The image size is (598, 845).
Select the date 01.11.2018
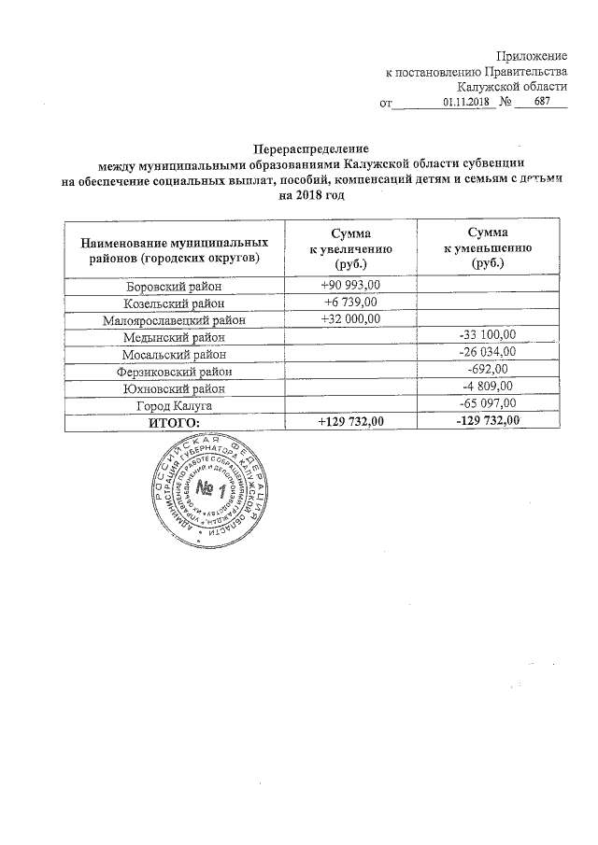[465, 103]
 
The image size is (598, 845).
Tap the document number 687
[543, 103]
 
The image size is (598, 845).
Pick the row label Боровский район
[173, 287]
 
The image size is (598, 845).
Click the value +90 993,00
[350, 286]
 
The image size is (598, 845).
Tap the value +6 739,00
[350, 303]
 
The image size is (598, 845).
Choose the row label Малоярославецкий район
[173, 320]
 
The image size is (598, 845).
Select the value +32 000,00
[350, 319]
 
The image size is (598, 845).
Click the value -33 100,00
[488, 336]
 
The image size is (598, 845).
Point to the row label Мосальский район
[173, 354]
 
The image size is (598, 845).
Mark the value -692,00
[488, 370]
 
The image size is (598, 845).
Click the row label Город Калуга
[173, 404]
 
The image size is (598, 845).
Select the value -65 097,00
[488, 403]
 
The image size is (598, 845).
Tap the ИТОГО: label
[174, 422]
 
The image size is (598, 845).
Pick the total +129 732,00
[350, 421]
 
